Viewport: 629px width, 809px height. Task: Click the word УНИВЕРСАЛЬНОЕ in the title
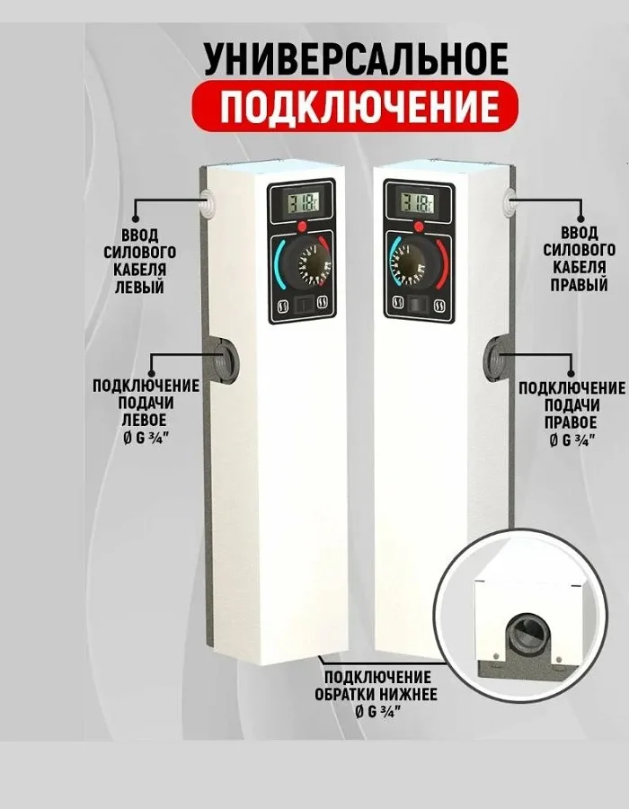[356, 59]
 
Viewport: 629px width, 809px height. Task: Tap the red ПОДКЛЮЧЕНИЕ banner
[355, 107]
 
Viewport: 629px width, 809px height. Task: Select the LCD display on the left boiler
[302, 201]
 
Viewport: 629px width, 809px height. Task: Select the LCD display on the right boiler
[419, 201]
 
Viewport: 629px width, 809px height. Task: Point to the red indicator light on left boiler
[302, 226]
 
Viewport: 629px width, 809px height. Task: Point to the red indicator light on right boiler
[419, 226]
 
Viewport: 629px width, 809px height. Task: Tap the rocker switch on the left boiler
[302, 307]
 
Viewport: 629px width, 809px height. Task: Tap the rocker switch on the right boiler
[419, 305]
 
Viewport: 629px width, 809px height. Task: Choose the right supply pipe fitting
[496, 357]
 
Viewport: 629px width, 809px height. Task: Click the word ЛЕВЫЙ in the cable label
[139, 287]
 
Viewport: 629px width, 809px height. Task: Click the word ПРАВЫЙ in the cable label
[579, 285]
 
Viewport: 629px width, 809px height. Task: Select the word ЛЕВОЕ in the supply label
[144, 420]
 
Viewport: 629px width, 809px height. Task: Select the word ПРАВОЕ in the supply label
[571, 422]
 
